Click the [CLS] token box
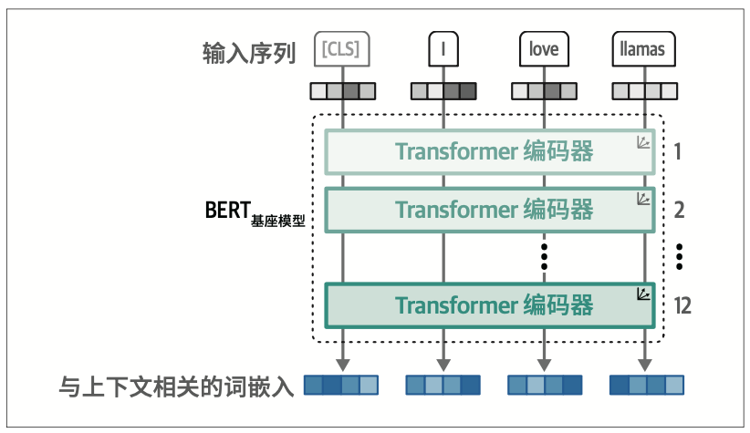pos(342,49)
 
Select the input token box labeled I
pos(443,49)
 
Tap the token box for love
pos(544,49)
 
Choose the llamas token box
pos(644,49)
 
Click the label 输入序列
pos(248,53)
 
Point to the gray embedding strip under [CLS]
pos(342,90)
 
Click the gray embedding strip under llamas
pos(644,90)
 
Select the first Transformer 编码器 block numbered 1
pos(491,151)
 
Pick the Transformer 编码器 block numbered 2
pos(491,209)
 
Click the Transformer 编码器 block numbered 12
pos(491,304)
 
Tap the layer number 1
pos(678,151)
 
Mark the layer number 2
pos(679,210)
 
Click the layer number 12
pos(682,304)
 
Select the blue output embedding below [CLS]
pos(342,386)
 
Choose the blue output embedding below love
pos(544,386)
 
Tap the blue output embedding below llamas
pos(644,386)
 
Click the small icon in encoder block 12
pos(642,294)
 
